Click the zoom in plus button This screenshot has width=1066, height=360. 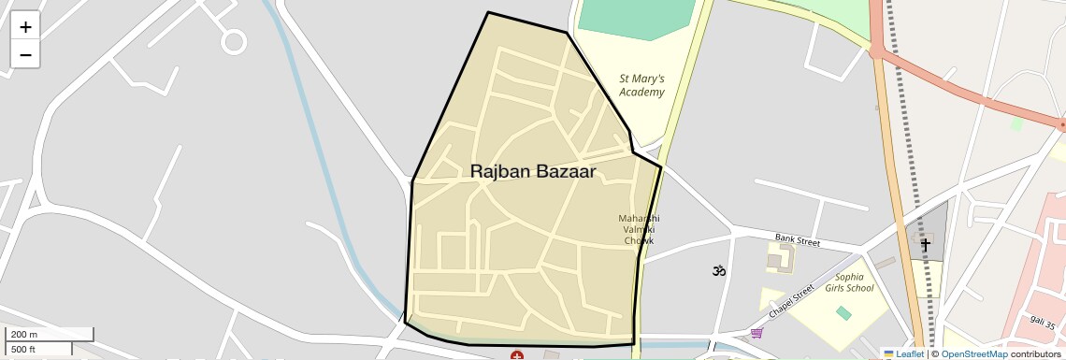[25, 27]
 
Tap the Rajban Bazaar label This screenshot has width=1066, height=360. [533, 171]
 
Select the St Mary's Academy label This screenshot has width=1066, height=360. [642, 86]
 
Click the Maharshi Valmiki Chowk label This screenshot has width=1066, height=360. [640, 229]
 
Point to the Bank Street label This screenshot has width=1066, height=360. [796, 241]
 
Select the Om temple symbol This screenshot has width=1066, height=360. [719, 271]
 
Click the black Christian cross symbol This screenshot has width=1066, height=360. [926, 245]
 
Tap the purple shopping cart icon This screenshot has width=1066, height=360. [756, 333]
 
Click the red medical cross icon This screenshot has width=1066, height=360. [516, 355]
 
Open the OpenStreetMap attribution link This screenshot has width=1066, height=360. [973, 353]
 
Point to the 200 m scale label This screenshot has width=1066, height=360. [24, 335]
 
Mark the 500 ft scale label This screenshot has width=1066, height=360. [24, 350]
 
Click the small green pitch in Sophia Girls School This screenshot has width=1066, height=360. [844, 313]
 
